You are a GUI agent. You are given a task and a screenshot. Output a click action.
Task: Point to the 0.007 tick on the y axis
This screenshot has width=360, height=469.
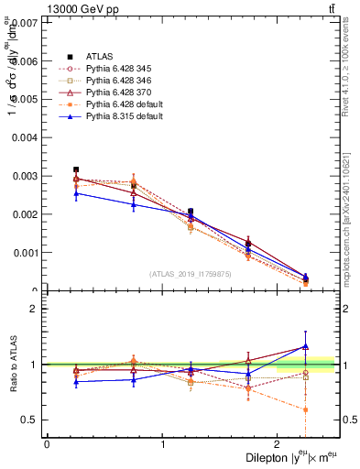coord(26,22)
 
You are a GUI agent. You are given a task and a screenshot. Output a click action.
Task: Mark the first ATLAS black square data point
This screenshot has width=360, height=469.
coord(76,169)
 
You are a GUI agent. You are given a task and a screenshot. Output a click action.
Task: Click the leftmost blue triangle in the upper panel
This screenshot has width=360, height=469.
coord(76,193)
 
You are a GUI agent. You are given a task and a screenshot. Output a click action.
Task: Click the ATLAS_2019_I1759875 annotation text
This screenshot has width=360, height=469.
coord(190,273)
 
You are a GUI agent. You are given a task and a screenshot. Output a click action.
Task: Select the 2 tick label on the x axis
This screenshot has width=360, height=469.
coord(278,443)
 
